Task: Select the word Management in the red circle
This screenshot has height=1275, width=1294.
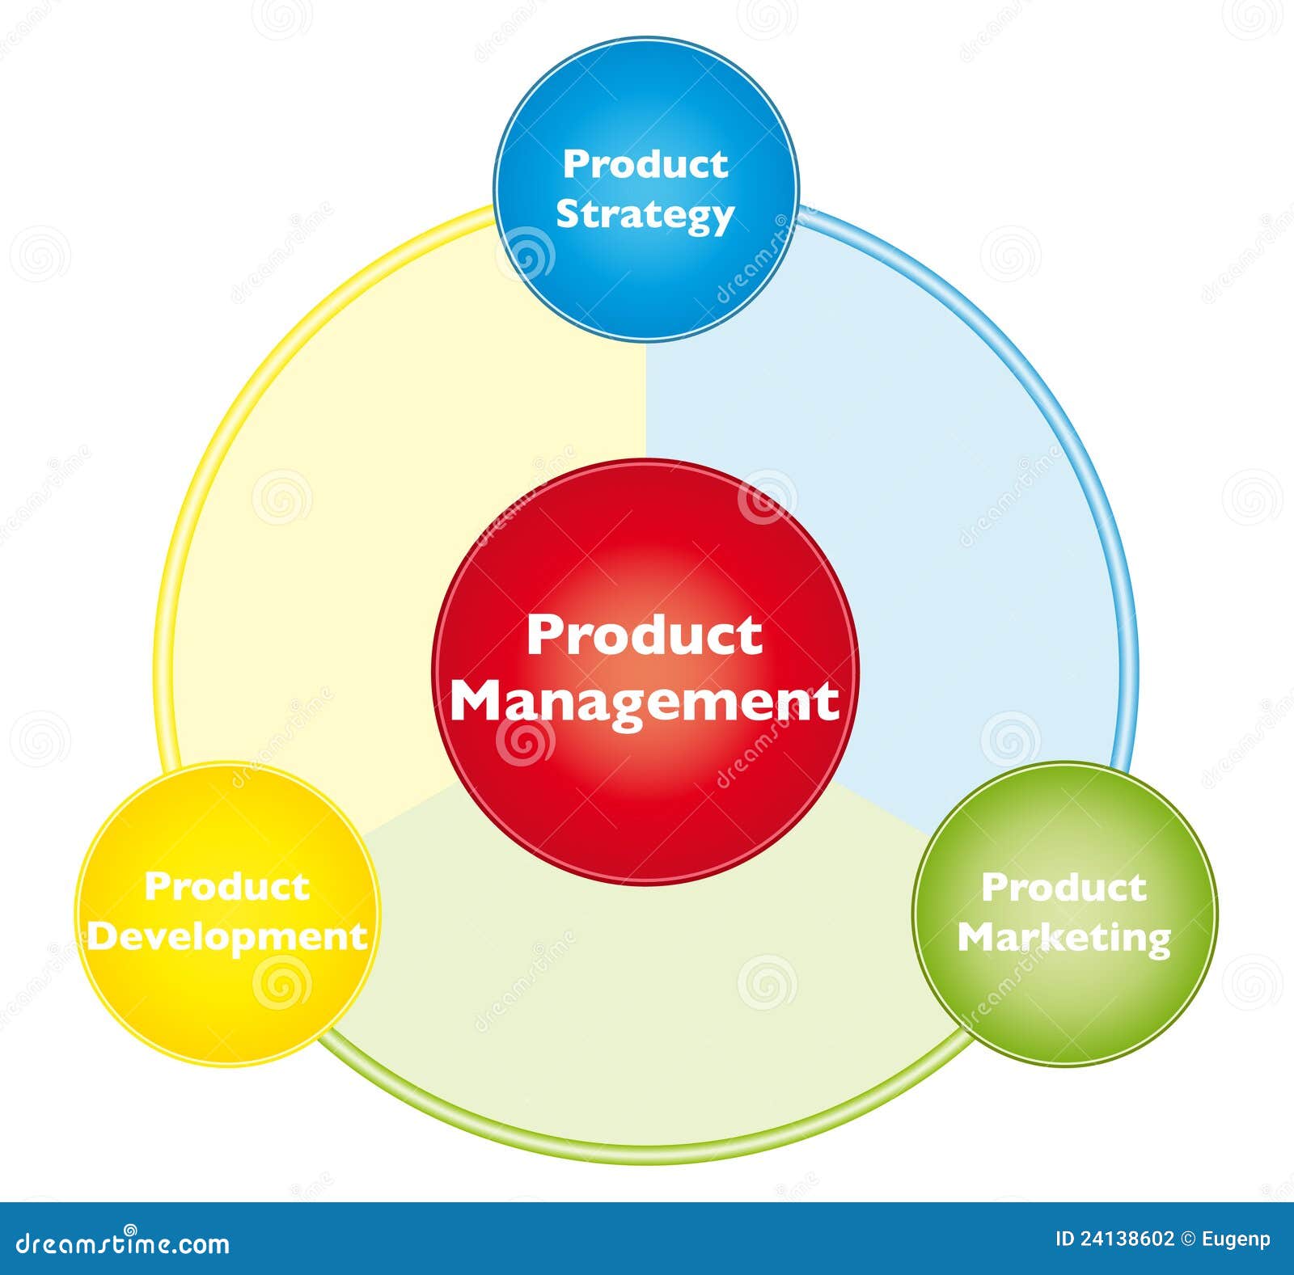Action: (x=645, y=702)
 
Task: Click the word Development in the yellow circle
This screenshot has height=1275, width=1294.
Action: (x=227, y=937)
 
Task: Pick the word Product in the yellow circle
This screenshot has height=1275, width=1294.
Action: (x=227, y=886)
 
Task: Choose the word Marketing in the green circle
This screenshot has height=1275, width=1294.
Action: (x=1064, y=938)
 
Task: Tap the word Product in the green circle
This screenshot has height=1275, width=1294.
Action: (x=1064, y=887)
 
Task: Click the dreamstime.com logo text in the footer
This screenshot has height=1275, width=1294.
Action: (x=124, y=1243)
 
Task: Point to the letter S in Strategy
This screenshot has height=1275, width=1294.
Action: (x=569, y=213)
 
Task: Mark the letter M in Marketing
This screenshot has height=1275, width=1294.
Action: (x=979, y=936)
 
